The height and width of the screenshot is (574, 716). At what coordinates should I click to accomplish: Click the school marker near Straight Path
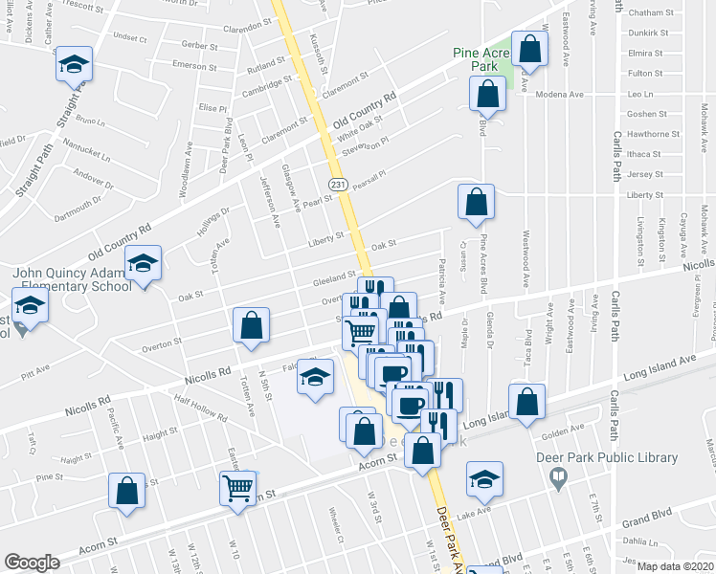point(74,64)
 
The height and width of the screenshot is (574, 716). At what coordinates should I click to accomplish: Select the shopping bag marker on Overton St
point(251,325)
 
